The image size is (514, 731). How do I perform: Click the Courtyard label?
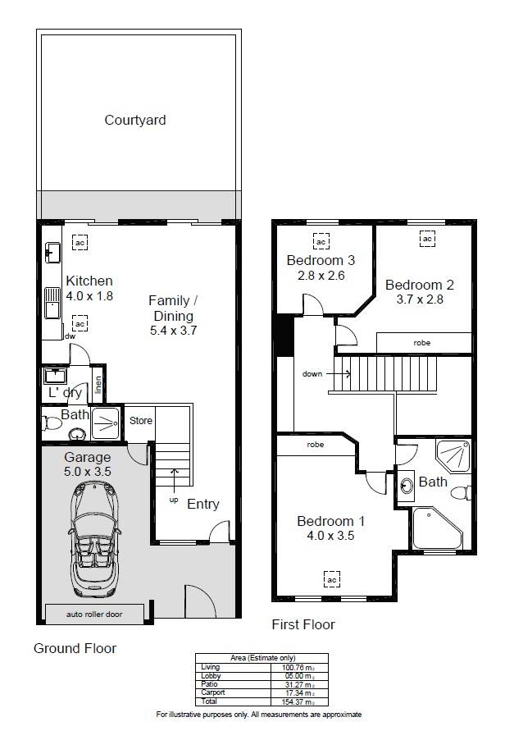135,121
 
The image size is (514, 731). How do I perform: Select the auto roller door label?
94,614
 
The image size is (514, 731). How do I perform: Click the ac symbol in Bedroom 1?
331,579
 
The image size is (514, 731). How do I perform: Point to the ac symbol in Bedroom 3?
321,241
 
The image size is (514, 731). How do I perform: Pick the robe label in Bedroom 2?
421,343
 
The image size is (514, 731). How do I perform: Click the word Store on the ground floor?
141,421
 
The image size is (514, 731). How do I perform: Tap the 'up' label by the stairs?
174,500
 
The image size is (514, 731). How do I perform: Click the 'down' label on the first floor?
312,373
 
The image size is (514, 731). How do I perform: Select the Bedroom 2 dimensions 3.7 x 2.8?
420,299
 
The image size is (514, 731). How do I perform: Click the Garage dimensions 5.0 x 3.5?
88,471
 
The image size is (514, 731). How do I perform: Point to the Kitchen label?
89,281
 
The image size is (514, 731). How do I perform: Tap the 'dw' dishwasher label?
70,336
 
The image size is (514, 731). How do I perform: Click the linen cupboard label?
98,385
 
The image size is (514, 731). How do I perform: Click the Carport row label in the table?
213,692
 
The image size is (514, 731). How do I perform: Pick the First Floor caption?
303,624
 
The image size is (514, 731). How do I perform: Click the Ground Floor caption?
75,648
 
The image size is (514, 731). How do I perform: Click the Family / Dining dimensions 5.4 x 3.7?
173,331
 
